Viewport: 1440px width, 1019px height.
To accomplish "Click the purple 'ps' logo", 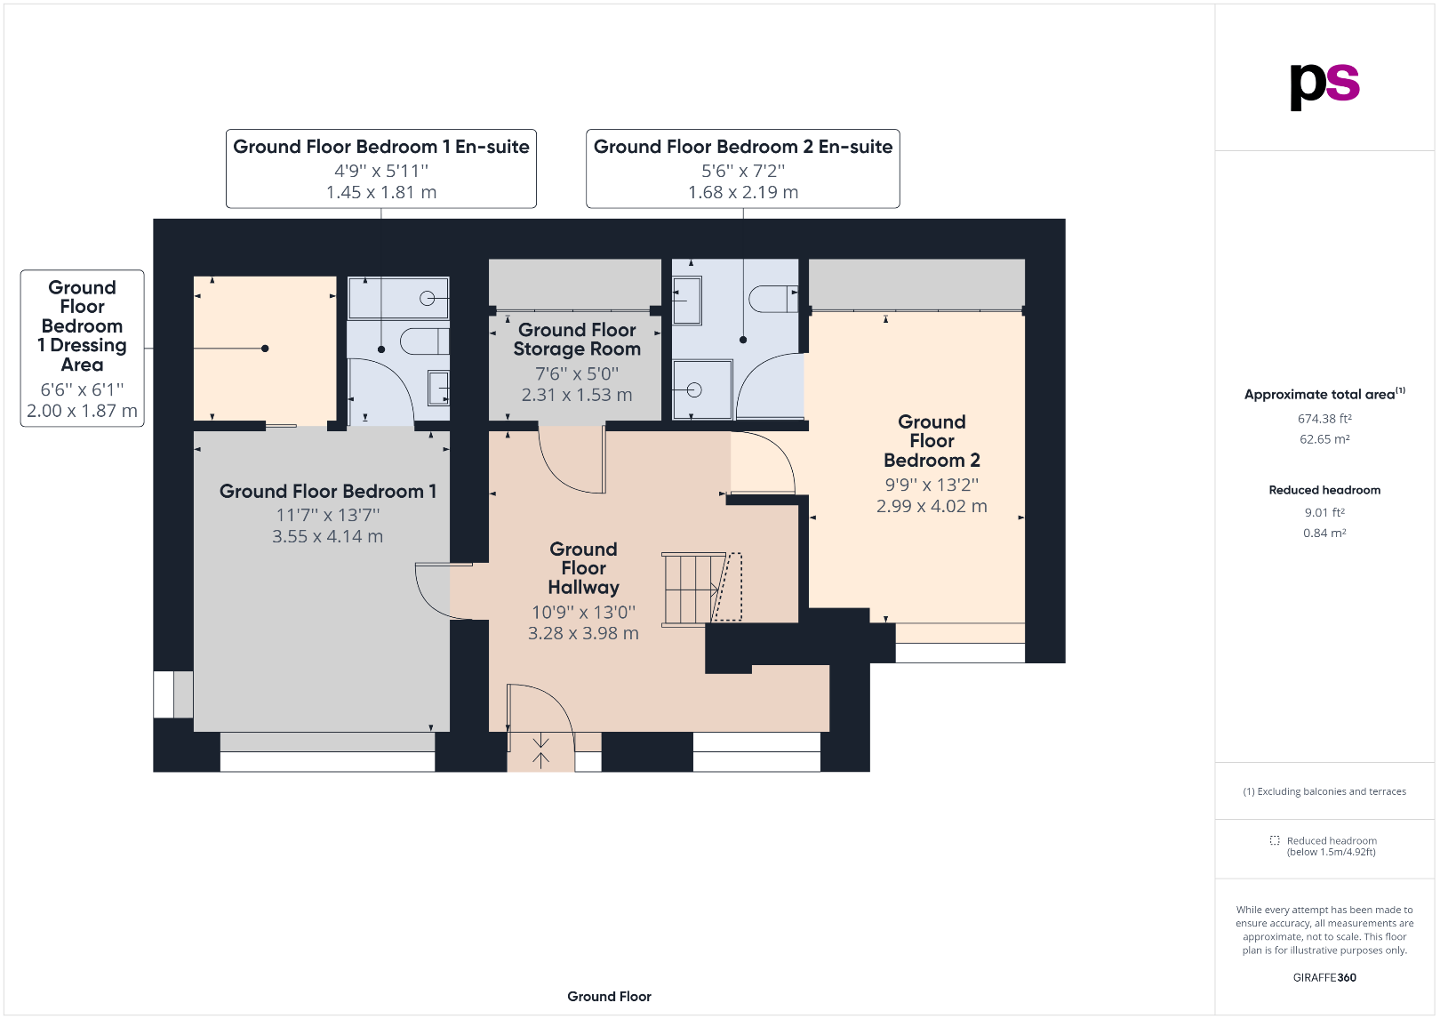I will point(1324,85).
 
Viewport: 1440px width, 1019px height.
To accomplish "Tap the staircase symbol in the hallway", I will point(693,589).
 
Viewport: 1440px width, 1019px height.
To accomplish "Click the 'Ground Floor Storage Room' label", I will point(577,340).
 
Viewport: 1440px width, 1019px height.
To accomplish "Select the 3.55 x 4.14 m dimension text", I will point(327,536).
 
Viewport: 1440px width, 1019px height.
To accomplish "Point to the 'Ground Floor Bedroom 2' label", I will point(932,441).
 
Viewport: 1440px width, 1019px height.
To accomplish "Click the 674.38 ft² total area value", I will point(1324,419).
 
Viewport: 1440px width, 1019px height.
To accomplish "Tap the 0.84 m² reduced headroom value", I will point(1324,534).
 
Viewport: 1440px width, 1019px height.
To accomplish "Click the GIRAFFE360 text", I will point(1324,977).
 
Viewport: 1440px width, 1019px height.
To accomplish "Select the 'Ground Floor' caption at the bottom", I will point(609,997).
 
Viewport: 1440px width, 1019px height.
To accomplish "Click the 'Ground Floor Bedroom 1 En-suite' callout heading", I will point(380,147).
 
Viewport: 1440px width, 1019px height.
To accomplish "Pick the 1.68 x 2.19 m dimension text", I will point(742,192).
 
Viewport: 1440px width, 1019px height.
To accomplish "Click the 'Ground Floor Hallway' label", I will point(583,568).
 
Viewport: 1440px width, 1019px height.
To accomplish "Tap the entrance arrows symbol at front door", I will point(540,751).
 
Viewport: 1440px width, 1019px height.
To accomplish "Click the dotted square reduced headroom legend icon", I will point(1274,840).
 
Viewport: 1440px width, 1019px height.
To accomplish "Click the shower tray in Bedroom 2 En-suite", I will point(701,389).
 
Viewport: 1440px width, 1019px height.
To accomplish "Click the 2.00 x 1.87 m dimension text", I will point(82,411).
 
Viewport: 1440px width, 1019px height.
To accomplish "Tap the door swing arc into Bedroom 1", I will point(431,592).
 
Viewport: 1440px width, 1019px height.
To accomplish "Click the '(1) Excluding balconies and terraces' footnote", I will point(1324,791).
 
